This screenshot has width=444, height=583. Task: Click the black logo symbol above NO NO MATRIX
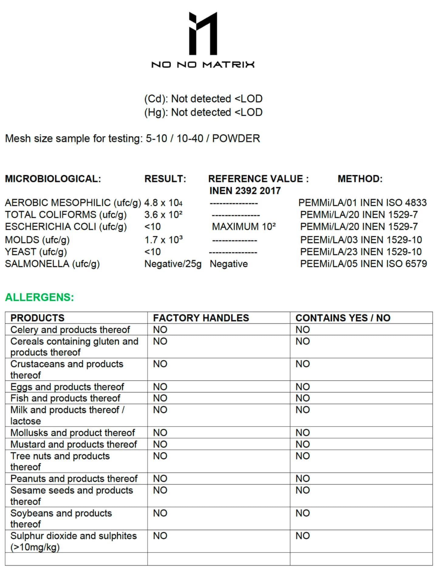pos(203,33)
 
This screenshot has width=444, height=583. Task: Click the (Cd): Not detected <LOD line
pos(203,99)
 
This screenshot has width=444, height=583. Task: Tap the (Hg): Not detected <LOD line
pos(203,112)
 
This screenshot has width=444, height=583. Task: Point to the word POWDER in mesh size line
pos(236,138)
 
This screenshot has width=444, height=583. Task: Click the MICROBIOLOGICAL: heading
pos(53,179)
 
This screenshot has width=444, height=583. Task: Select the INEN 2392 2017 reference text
pos(245,191)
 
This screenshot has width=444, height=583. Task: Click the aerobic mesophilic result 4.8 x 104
pos(163,203)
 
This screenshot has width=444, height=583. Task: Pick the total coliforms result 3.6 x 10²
pos(163,215)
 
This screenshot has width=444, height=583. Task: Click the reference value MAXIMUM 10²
pos(244,227)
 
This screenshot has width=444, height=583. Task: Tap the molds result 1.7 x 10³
pos(163,240)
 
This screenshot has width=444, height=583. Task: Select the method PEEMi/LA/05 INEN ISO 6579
pos(363,264)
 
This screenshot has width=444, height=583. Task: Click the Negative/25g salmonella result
pos(173,264)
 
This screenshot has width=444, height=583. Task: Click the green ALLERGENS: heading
pos(39,297)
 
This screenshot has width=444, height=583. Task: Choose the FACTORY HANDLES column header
pos(201,318)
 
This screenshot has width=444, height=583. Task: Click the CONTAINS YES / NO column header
pos(343,318)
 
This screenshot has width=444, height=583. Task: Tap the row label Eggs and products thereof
pos(67,387)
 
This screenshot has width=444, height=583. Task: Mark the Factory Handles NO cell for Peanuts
pos(160,478)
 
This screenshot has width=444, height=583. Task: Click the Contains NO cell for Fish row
pos(302,398)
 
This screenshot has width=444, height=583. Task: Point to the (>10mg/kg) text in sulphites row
pos(35,547)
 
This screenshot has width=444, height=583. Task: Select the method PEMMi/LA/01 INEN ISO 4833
pos(362,203)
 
